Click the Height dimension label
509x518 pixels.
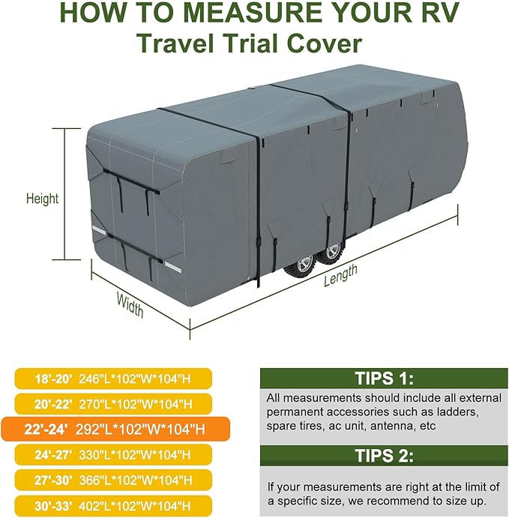point(42,199)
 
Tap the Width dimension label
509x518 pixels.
point(130,304)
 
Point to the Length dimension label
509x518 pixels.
point(340,276)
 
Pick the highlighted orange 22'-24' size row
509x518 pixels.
point(111,430)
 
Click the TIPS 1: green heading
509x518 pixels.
point(384,377)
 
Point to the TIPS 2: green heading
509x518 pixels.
point(384,454)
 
